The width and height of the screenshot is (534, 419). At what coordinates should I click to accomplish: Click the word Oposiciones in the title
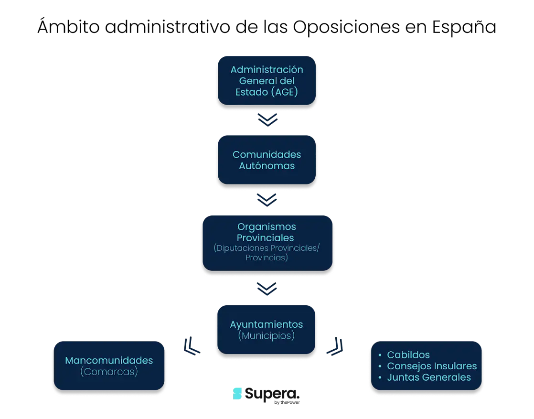click(x=346, y=27)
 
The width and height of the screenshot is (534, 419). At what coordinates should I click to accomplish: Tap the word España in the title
click(x=464, y=26)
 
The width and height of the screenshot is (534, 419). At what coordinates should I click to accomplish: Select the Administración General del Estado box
click(x=267, y=81)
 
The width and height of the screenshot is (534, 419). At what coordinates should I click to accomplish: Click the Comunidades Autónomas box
click(x=267, y=160)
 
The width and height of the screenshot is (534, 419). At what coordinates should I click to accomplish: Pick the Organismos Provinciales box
click(x=267, y=243)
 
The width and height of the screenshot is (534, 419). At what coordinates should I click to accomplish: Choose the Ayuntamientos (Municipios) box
click(x=267, y=330)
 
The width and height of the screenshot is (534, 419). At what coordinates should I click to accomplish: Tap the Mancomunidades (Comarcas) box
click(x=109, y=366)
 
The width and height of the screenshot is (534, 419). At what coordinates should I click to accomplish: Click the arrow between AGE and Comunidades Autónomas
click(x=267, y=120)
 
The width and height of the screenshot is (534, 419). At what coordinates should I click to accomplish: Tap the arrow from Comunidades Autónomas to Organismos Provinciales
click(x=267, y=200)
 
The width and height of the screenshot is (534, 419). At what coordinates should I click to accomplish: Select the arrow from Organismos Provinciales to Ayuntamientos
click(x=267, y=289)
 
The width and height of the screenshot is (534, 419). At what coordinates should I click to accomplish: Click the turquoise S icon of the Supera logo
click(x=237, y=394)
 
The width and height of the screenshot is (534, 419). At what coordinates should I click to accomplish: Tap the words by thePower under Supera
click(x=287, y=403)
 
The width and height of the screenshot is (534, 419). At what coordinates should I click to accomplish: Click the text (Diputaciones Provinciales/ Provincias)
click(x=267, y=253)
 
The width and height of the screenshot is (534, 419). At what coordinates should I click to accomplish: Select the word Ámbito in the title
click(x=68, y=26)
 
